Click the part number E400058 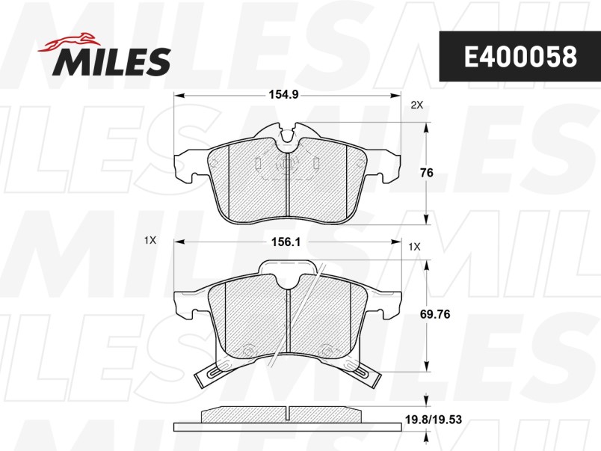[520, 56]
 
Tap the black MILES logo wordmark [112, 61]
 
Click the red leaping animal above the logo [70, 42]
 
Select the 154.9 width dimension [283, 94]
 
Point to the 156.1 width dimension [286, 242]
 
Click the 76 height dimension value [427, 173]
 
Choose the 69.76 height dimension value [435, 314]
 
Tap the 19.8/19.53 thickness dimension [434, 420]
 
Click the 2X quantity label [417, 105]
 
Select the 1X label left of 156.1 [150, 240]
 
